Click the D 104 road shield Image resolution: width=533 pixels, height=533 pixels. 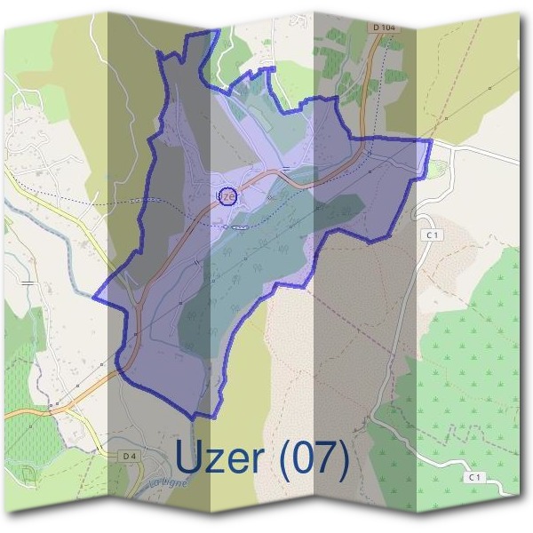(385, 28)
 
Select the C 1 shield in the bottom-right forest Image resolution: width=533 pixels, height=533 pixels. (474, 477)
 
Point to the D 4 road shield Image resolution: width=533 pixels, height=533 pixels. (130, 456)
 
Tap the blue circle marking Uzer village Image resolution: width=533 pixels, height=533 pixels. (227, 195)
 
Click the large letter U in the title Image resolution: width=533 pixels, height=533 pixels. (193, 458)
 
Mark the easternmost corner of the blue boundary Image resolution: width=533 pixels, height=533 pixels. (432, 139)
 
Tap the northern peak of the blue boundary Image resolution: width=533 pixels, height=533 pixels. (216, 31)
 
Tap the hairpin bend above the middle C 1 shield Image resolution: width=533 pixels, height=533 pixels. (424, 216)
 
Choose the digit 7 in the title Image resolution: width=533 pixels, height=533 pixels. (323, 458)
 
